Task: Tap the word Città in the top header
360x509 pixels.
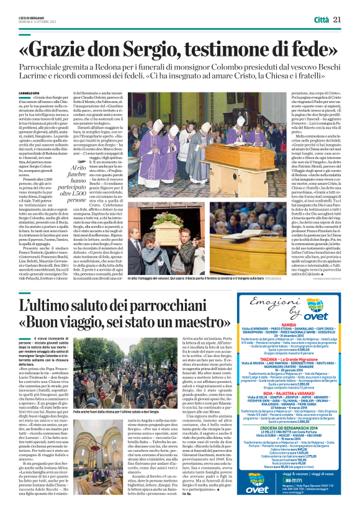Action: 322,20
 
